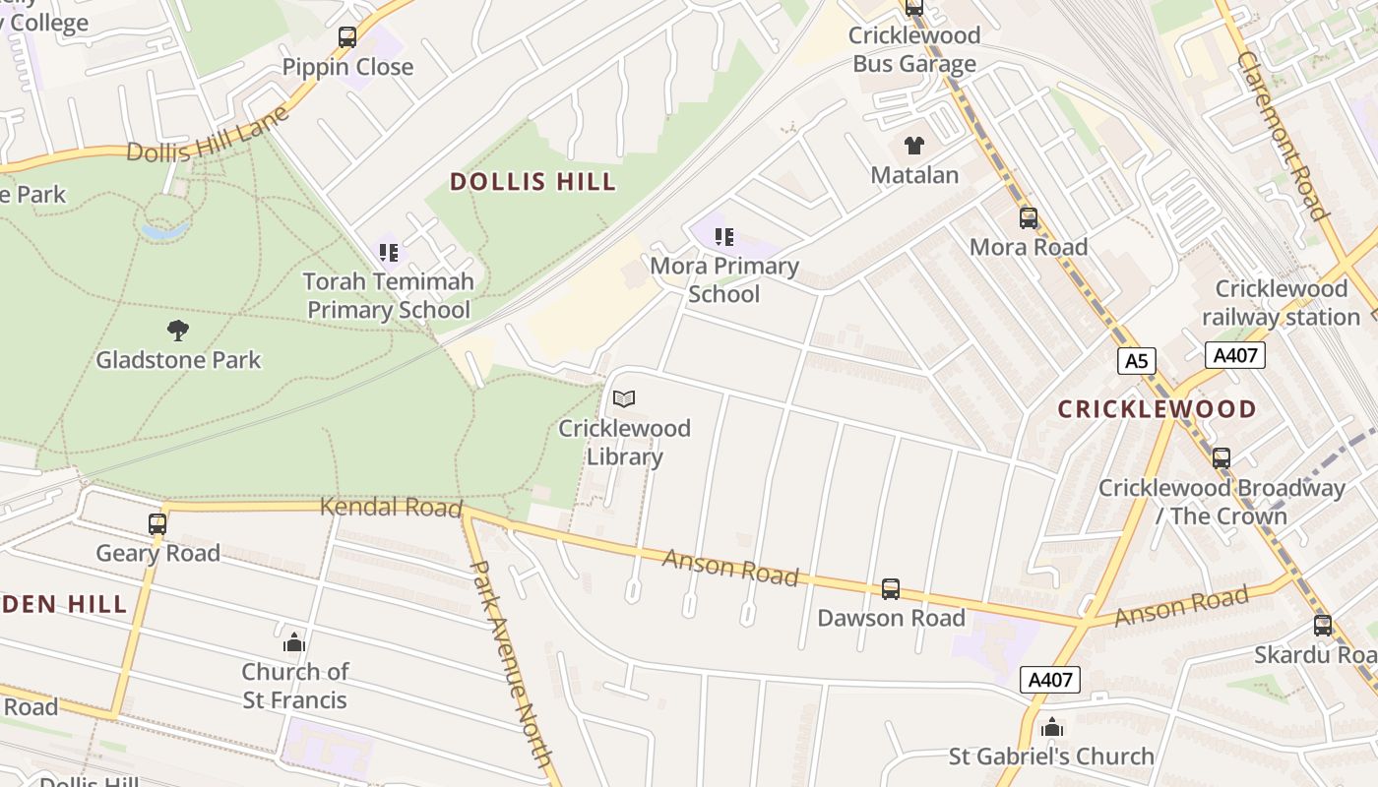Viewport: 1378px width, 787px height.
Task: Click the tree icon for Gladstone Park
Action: (x=178, y=331)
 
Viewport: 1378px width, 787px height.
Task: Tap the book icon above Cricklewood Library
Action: (x=624, y=399)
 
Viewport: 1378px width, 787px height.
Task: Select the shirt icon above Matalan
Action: (x=914, y=147)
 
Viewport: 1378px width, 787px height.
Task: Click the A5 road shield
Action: (x=1136, y=361)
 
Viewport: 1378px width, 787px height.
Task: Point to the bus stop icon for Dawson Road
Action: (x=891, y=589)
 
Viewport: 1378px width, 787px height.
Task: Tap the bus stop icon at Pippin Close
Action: (x=347, y=38)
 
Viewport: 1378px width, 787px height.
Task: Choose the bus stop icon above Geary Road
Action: (x=157, y=524)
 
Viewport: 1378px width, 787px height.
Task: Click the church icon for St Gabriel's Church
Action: (x=1052, y=728)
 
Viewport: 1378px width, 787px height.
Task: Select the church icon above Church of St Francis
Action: (x=294, y=643)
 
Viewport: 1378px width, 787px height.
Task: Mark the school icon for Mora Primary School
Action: (x=724, y=237)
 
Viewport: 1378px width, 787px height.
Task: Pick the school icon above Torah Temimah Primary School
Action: (x=389, y=253)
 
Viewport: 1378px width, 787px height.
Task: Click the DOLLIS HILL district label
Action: (x=532, y=182)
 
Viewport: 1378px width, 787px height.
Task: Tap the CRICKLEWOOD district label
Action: (x=1157, y=409)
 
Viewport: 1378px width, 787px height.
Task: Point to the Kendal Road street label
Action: (x=391, y=508)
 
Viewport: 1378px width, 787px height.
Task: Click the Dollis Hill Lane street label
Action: (x=208, y=134)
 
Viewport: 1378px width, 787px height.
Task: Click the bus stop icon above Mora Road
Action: (x=1029, y=218)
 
